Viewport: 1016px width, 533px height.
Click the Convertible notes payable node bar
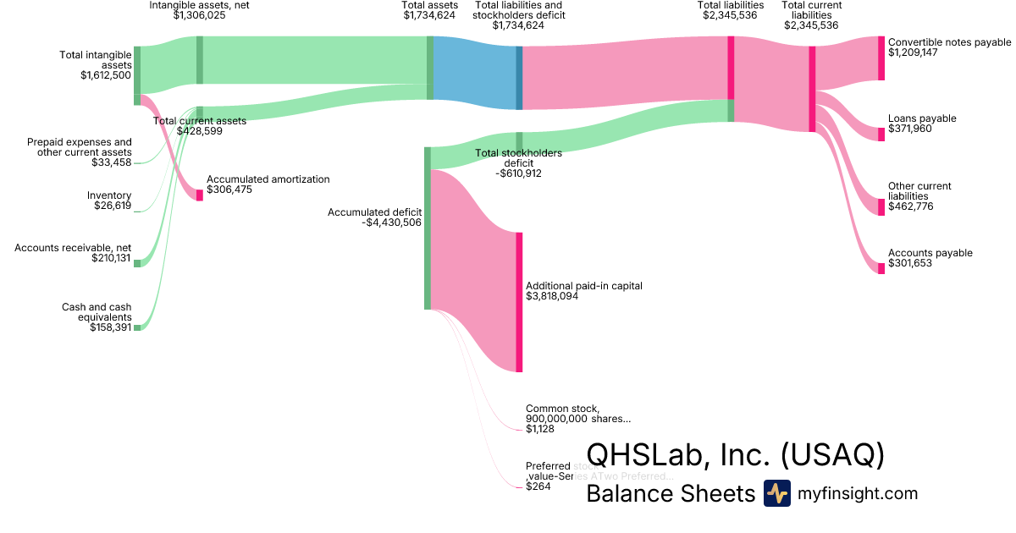881,58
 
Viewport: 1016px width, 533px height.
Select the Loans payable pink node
881,134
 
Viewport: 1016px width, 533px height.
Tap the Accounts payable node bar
881,268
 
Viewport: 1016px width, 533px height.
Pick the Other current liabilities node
881,207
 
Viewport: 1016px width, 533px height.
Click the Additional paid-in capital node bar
519,302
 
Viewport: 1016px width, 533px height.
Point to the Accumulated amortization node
200,195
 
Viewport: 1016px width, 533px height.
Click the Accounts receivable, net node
137,263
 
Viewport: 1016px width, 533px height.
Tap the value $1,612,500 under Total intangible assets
106,75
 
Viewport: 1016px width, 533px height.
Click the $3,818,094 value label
552,297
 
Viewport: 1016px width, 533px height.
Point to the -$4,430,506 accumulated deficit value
391,223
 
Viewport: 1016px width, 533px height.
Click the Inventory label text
109,195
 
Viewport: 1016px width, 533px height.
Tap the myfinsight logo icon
776,493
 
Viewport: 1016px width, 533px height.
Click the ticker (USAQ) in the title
832,455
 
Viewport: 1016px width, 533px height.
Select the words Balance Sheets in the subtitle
670,494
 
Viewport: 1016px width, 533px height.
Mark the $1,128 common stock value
539,429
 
